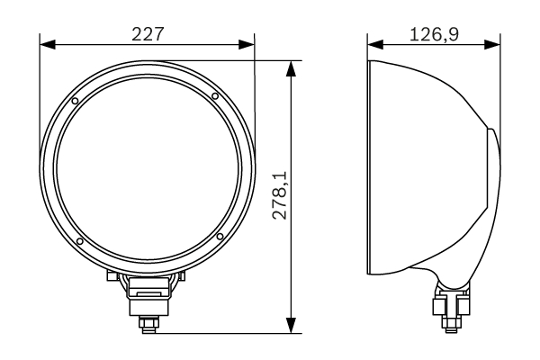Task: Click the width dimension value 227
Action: click(148, 33)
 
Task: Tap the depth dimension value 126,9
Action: click(434, 33)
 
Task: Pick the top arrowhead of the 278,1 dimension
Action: click(290, 67)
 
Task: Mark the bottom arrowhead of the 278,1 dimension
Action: click(290, 326)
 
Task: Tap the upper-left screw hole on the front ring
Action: click(76, 99)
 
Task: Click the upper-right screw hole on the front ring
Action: click(216, 96)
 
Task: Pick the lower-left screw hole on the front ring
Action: click(80, 240)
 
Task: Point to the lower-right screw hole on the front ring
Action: click(220, 237)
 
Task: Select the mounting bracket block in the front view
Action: click(148, 290)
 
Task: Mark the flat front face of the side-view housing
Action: click(372, 166)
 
